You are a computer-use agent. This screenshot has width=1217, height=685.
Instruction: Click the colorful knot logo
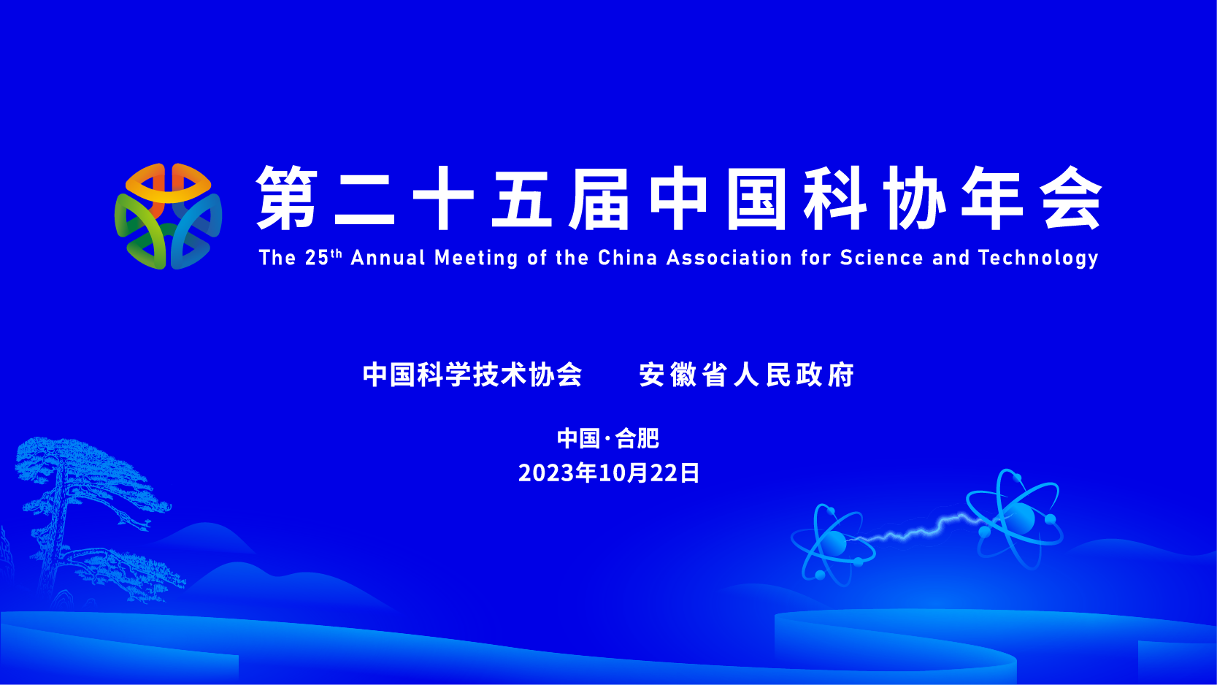coord(168,216)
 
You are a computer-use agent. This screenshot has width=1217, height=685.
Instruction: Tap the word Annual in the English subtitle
coord(388,258)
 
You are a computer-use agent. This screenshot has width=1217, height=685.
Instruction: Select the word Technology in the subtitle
coord(1038,258)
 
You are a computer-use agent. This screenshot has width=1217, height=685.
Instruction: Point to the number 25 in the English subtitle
coord(317,258)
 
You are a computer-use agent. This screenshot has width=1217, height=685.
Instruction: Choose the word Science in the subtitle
coord(881,258)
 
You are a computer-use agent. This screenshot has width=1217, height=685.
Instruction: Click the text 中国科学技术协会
coord(472,375)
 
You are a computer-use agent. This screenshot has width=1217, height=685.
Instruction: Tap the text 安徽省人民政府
coord(747,375)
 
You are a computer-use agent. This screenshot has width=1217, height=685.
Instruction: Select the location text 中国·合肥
coord(608,438)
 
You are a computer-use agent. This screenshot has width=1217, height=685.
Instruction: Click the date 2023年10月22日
coord(609,473)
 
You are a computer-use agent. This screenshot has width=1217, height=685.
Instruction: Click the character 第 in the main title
coord(287,198)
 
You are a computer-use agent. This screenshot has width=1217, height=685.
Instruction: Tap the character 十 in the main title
coord(443,198)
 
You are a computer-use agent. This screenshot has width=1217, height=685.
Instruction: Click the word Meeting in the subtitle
coord(477,259)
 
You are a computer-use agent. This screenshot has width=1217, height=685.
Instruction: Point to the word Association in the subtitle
coord(729,258)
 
